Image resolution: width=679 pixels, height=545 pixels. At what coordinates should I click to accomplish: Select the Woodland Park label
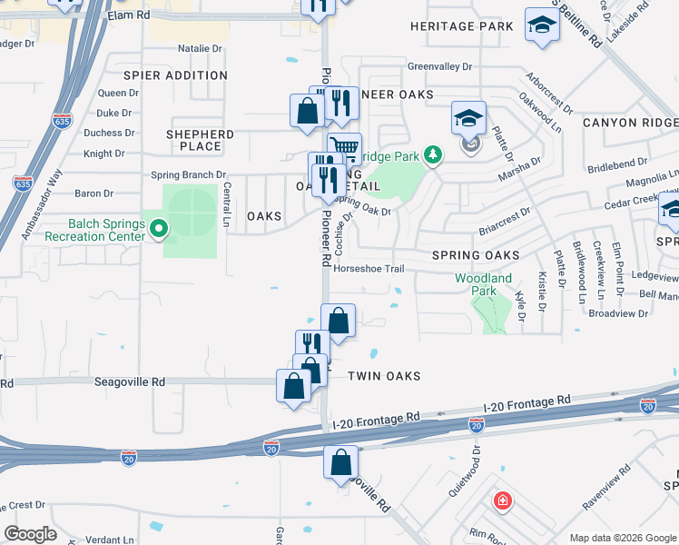(x=483, y=284)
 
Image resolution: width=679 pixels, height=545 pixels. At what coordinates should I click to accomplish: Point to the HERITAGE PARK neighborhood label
(x=462, y=27)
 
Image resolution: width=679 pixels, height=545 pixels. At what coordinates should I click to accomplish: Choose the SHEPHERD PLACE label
(x=200, y=140)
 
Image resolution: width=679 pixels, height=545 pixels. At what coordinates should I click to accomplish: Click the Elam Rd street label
(x=127, y=15)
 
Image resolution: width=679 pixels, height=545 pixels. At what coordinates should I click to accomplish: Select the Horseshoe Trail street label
(x=368, y=269)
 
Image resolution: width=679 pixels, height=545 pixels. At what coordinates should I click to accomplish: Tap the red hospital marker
(x=501, y=500)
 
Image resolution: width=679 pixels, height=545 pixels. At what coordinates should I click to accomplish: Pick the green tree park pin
(x=434, y=155)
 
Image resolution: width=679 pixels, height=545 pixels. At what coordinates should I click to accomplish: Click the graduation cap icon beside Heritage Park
(x=542, y=25)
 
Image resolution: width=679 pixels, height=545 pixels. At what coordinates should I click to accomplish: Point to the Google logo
(x=30, y=534)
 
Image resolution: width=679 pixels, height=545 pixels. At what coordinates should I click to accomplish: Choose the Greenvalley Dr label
(x=439, y=67)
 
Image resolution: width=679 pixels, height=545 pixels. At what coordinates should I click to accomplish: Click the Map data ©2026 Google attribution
(x=622, y=538)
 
